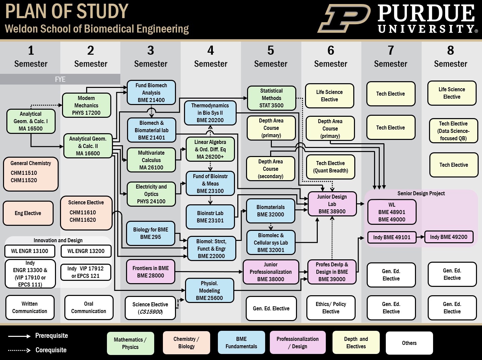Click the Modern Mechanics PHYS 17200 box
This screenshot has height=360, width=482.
point(86,105)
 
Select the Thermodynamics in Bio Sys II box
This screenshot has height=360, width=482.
point(210,113)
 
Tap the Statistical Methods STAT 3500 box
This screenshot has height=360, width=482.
point(272,98)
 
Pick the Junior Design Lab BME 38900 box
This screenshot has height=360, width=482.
point(332,204)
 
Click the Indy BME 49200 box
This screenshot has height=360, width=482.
point(448,237)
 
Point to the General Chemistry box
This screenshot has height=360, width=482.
point(31,174)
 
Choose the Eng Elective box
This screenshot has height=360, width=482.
point(28,213)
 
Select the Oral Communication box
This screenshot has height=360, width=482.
point(88,307)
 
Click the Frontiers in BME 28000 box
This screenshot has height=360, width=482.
point(150,272)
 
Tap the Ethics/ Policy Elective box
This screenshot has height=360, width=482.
point(331,308)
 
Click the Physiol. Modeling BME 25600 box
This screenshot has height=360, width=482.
point(209,291)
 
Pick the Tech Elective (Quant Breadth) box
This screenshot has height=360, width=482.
point(330,167)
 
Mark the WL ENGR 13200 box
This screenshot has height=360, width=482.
point(86,251)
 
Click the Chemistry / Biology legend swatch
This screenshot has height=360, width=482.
point(186,343)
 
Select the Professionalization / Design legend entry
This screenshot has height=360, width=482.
point(298,343)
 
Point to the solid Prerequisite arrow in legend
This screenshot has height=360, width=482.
point(19,336)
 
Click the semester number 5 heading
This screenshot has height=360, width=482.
point(270,50)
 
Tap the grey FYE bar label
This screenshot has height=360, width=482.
point(60,79)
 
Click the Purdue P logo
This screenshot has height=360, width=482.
point(344,18)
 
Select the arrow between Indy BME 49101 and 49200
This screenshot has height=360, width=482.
point(420,237)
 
